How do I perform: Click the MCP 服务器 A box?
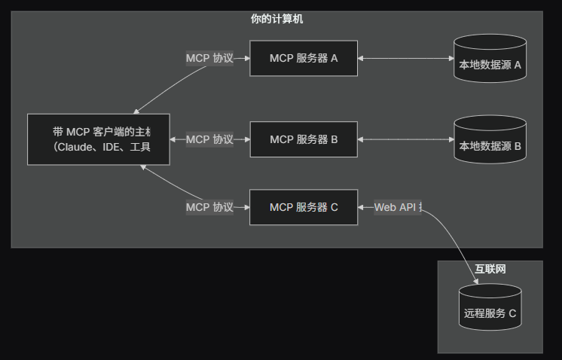[304, 58]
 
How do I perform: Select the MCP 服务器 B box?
[304, 139]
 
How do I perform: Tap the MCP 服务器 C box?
[304, 208]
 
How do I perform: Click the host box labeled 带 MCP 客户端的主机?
[98, 139]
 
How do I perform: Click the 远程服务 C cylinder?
[490, 309]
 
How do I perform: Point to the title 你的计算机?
[276, 19]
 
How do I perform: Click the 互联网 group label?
[490, 269]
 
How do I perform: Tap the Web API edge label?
[397, 207]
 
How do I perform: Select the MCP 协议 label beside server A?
[209, 58]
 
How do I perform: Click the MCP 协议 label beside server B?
[209, 139]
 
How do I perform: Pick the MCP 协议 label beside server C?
[209, 207]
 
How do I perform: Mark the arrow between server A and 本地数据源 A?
[405, 58]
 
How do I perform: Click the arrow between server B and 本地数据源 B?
[405, 139]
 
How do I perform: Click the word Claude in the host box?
[78, 147]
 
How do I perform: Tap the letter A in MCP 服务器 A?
[334, 58]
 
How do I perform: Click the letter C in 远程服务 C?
[512, 313]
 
